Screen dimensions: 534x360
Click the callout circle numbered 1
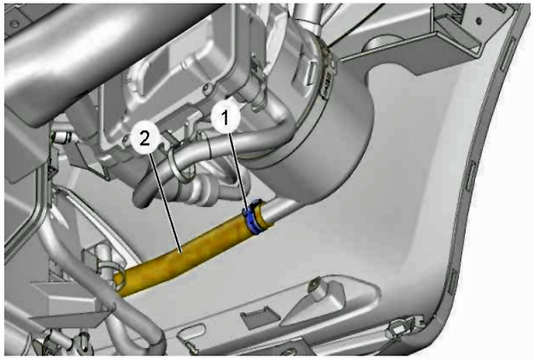[x=226, y=118]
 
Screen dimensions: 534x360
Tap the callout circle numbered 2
[x=145, y=139]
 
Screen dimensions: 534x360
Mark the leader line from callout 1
[x=238, y=170]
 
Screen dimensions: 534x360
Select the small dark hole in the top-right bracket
[x=478, y=21]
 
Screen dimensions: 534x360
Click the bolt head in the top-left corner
[x=14, y=24]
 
